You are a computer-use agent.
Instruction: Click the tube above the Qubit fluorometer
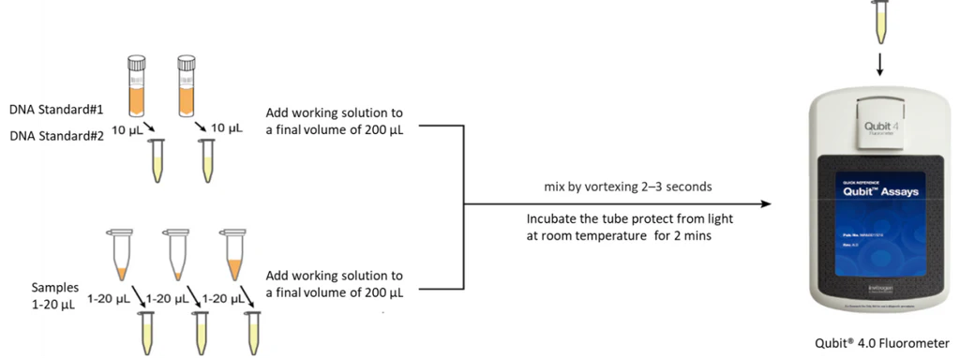[x=880, y=21]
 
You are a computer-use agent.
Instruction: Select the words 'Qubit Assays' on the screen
[x=868, y=191]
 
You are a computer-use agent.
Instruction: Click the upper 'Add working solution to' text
[x=335, y=111]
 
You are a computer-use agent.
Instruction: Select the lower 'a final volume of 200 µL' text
[x=335, y=292]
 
